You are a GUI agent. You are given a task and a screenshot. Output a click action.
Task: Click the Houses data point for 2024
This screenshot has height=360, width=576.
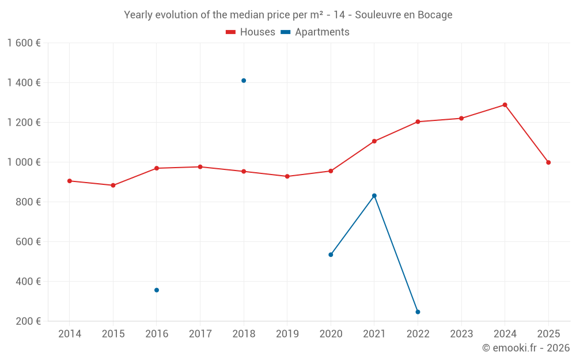(x=505, y=105)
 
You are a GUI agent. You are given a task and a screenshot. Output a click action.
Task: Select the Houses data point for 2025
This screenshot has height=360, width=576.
(x=548, y=162)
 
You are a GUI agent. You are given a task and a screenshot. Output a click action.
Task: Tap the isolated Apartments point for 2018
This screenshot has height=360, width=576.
(x=244, y=81)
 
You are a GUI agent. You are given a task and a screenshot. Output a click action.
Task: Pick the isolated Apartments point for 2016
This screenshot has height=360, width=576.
(x=157, y=290)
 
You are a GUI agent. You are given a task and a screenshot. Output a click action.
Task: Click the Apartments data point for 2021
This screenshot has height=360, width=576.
(x=374, y=196)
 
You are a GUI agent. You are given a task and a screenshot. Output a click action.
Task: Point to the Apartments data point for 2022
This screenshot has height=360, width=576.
(x=418, y=312)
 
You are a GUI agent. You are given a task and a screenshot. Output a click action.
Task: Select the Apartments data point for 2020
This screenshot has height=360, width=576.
(x=331, y=255)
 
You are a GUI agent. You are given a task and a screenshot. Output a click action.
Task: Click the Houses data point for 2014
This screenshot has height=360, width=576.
(x=70, y=181)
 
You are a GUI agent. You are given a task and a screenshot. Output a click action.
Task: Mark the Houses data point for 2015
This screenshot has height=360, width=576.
(x=113, y=185)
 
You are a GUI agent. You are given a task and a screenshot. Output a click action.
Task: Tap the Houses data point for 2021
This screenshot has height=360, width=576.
(x=374, y=141)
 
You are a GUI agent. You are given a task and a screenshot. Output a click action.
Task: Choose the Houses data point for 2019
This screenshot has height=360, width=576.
(x=287, y=176)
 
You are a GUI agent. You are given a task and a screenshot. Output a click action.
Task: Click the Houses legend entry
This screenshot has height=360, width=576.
(x=251, y=32)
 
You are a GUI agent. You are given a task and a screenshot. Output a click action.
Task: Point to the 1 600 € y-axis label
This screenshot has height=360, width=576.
(x=24, y=43)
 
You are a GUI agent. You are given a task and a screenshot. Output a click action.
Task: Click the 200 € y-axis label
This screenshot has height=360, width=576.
(x=28, y=321)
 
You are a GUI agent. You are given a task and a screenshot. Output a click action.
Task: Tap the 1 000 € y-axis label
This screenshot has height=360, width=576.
(x=24, y=162)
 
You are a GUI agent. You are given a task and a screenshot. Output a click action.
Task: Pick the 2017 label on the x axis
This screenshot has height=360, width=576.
(x=200, y=334)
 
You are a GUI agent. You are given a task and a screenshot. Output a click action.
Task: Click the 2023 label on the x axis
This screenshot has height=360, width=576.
(x=461, y=334)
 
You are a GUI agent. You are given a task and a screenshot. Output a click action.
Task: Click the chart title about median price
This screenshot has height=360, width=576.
(x=288, y=15)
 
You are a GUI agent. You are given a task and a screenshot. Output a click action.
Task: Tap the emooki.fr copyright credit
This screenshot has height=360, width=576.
(x=526, y=348)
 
